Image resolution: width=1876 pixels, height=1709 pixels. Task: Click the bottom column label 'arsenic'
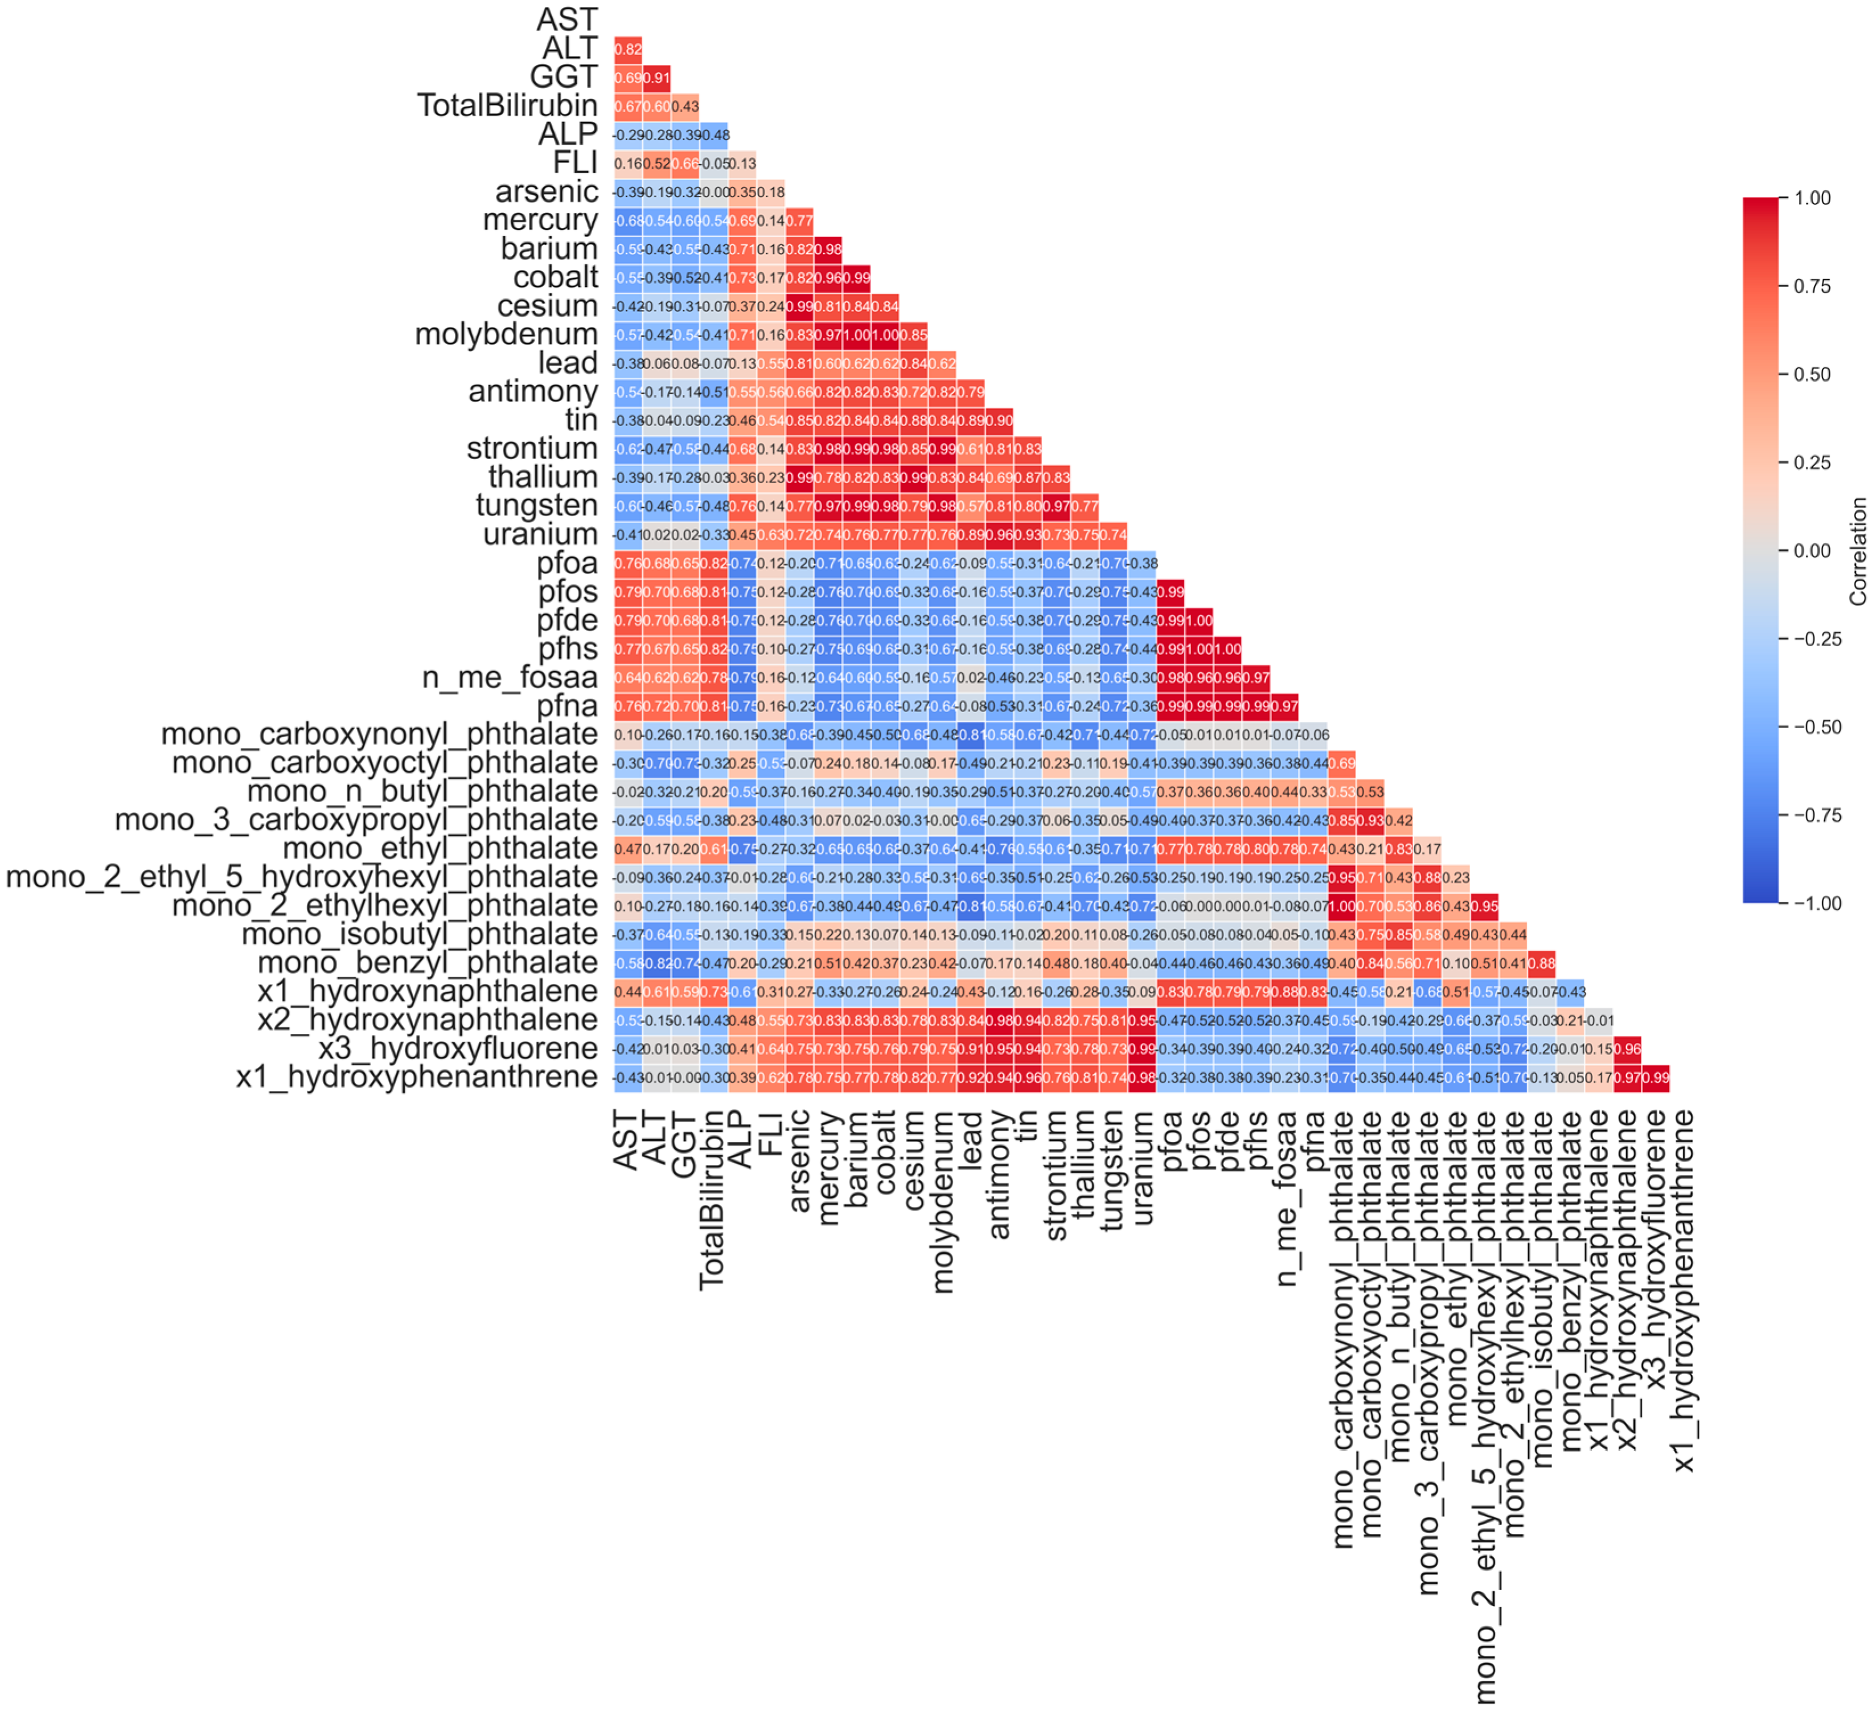(x=798, y=1162)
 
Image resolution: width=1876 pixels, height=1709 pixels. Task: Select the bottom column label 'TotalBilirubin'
(x=712, y=1201)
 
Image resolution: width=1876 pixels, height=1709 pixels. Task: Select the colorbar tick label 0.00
(x=1813, y=551)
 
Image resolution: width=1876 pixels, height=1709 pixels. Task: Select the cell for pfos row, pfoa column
(x=1171, y=592)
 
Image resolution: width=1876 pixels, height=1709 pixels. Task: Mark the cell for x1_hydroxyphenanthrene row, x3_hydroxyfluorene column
(x=1656, y=1078)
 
